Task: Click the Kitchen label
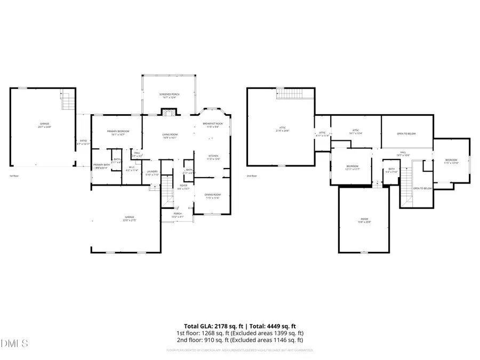[213, 157]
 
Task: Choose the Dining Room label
[212, 196]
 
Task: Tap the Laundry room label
[153, 173]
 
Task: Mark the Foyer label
[183, 187]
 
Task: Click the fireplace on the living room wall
[170, 112]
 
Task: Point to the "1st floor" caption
[14, 175]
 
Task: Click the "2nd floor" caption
[252, 175]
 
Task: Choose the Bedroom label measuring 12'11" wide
[352, 167]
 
